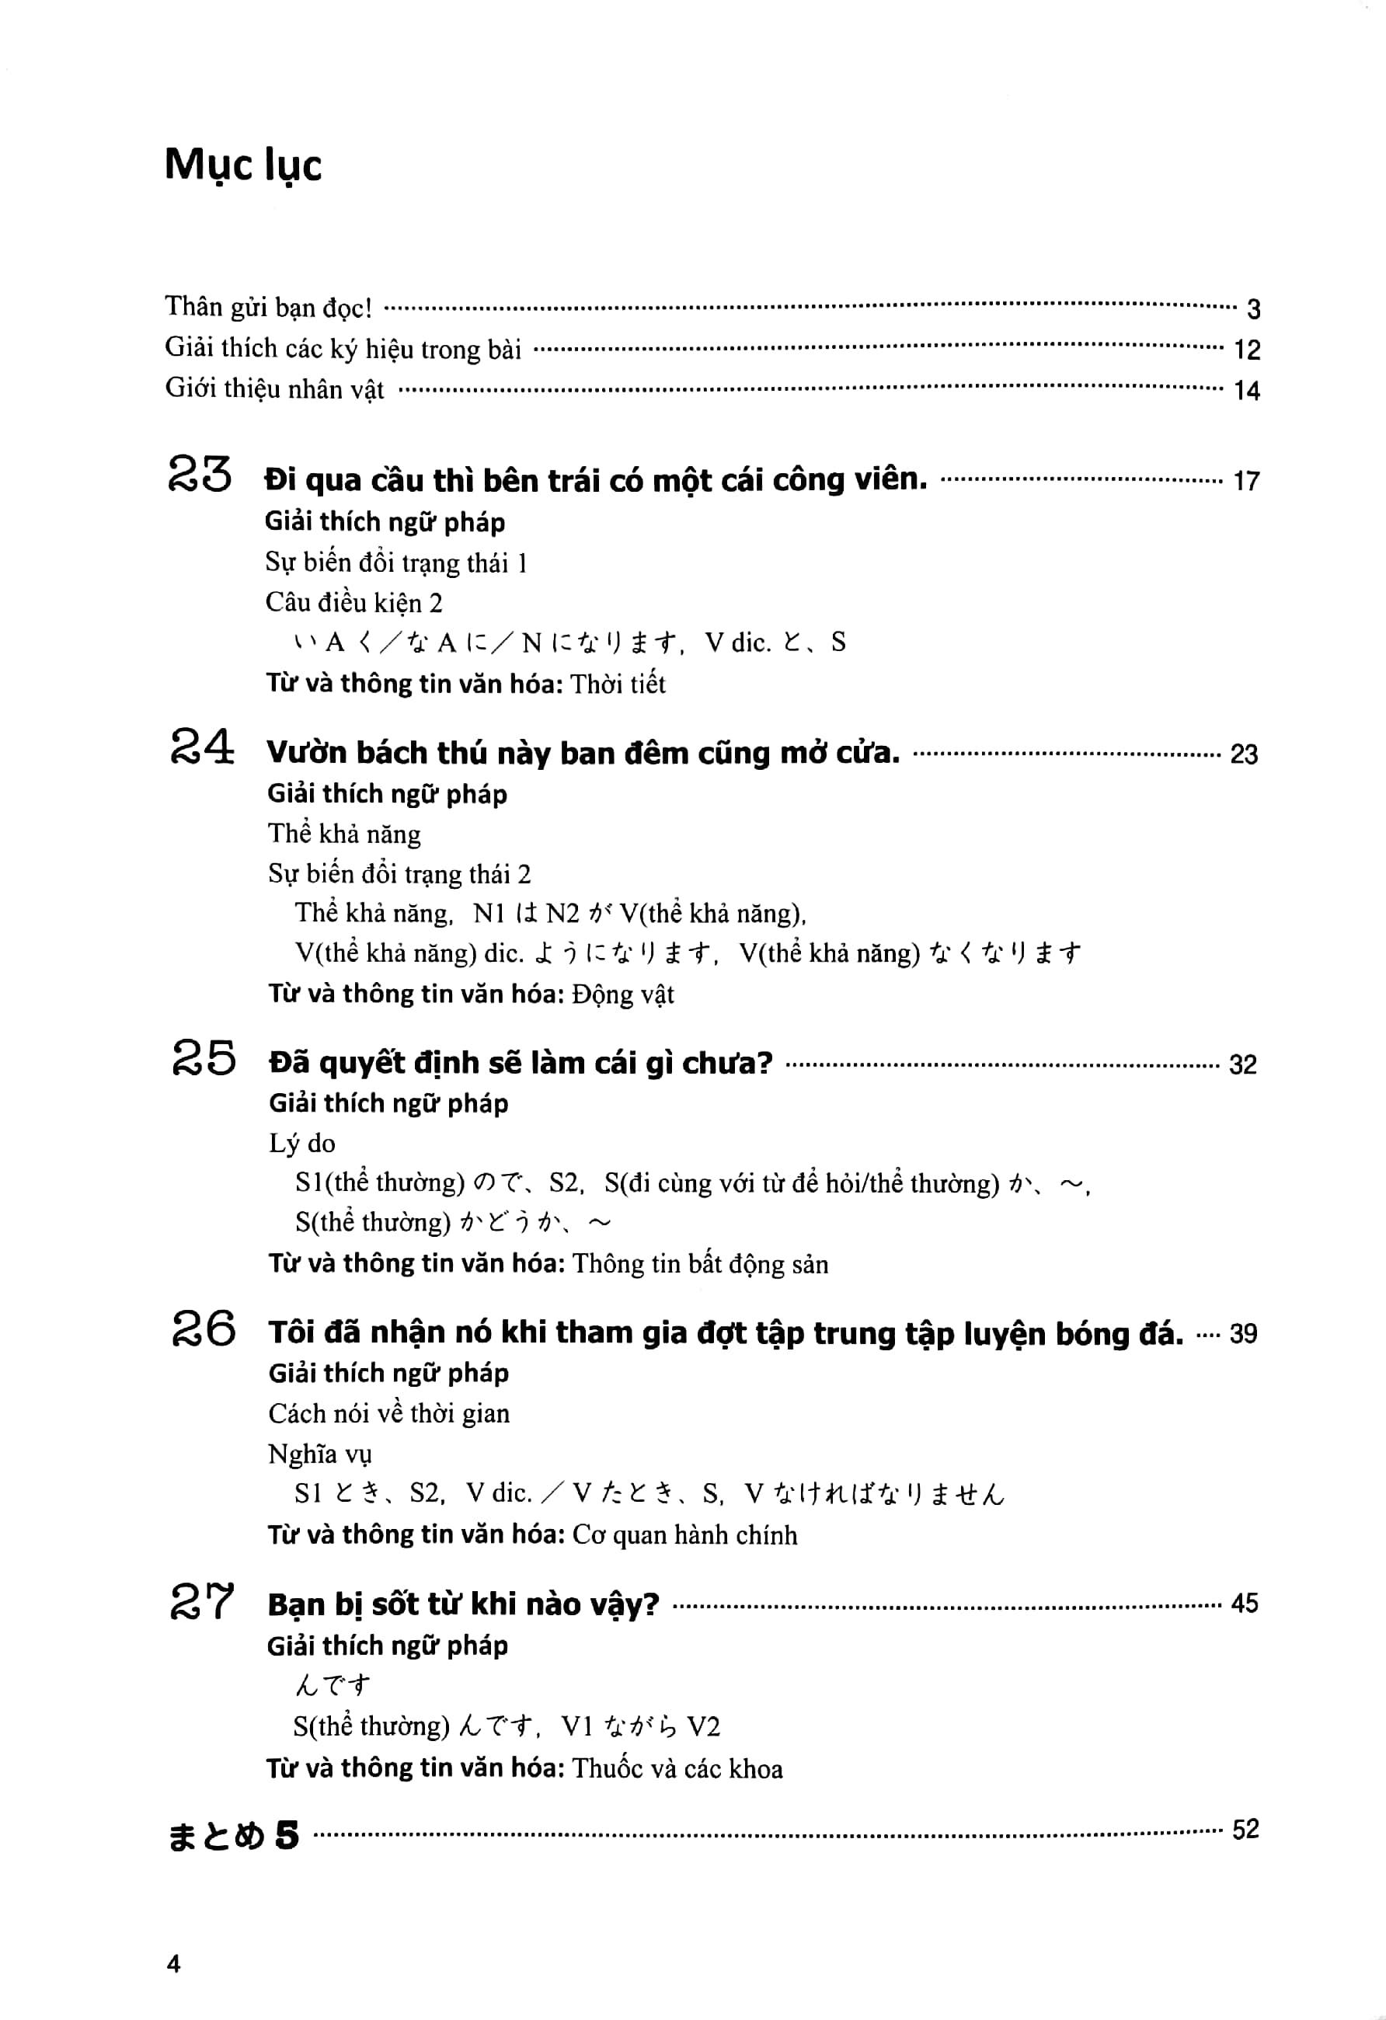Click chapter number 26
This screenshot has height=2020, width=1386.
tap(204, 1327)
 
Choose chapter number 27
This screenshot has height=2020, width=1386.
tap(201, 1600)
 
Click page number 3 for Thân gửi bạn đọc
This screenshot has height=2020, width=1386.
tap(1252, 308)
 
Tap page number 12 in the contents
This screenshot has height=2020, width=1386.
tap(1246, 350)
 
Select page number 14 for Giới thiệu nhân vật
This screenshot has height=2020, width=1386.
tap(1246, 390)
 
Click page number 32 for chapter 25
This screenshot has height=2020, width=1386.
tap(1241, 1064)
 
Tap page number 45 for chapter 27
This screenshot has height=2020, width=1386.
tap(1244, 1603)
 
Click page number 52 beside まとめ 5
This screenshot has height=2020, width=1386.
tap(1245, 1830)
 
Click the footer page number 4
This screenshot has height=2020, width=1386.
tap(173, 1963)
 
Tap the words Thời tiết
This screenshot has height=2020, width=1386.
tap(618, 684)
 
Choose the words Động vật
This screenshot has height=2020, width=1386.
tap(622, 994)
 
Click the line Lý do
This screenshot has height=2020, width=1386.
tap(301, 1143)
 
